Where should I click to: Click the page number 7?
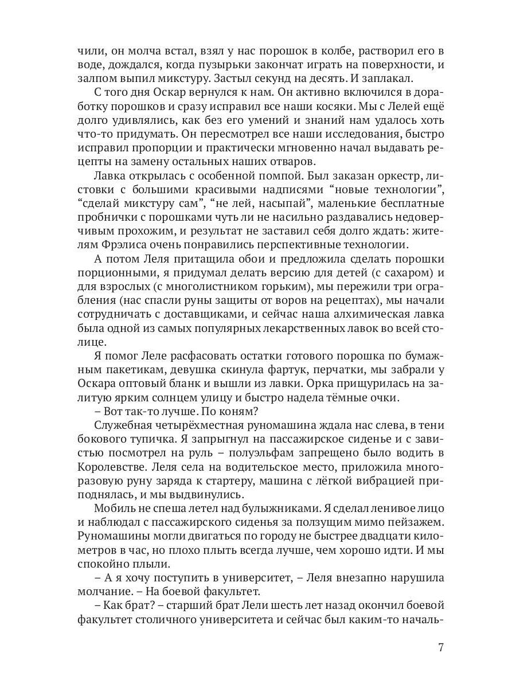click(x=440, y=648)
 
